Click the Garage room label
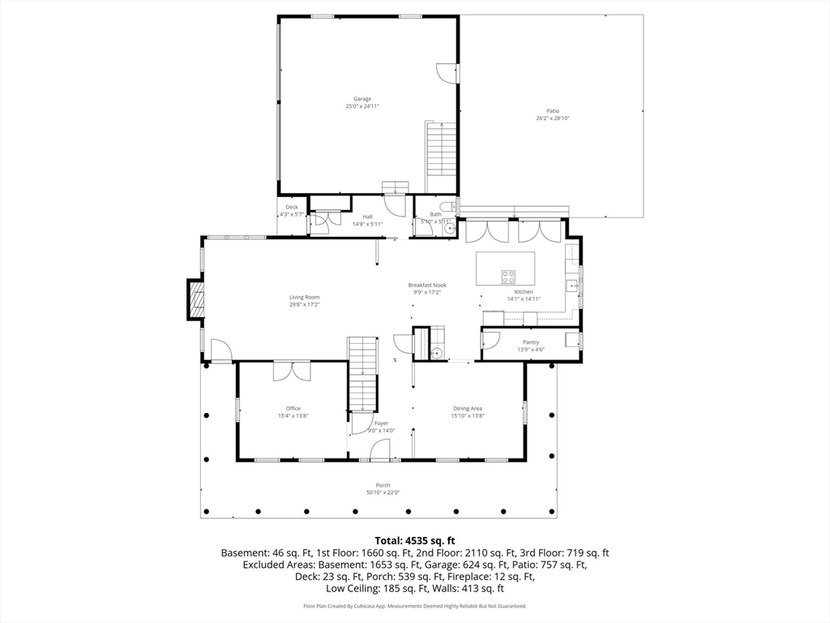(362, 99)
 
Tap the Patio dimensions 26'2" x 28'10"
(553, 118)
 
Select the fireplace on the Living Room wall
(195, 299)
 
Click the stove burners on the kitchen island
(509, 275)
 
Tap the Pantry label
(531, 342)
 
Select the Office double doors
(292, 371)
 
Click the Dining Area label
(467, 409)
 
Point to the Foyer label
(381, 423)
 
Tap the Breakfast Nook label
(427, 285)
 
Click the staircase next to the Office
(363, 373)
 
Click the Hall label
(367, 217)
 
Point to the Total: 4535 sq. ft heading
(414, 539)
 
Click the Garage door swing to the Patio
(447, 72)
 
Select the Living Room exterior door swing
(220, 350)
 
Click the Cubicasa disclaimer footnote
(414, 606)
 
